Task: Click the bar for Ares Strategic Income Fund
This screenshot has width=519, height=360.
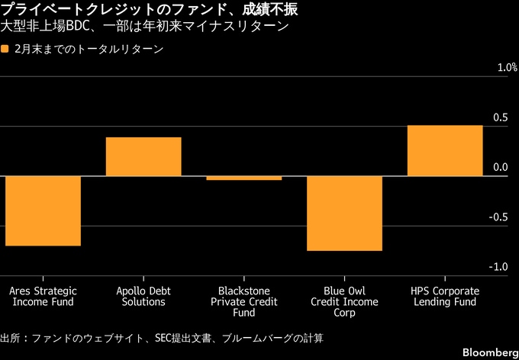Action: click(x=43, y=211)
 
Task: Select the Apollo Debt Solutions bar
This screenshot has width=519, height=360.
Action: click(x=143, y=156)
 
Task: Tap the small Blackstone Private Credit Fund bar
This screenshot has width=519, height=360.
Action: click(x=244, y=178)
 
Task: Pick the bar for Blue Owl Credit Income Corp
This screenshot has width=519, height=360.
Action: click(x=344, y=213)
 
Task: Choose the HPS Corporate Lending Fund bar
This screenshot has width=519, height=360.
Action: click(x=445, y=150)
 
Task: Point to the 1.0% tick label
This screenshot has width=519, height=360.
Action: click(x=497, y=68)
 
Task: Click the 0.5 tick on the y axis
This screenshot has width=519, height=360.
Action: click(x=499, y=117)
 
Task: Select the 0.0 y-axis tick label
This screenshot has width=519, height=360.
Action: click(x=499, y=167)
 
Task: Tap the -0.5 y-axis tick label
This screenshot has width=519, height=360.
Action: click(x=498, y=217)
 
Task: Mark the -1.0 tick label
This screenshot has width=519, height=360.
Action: click(x=498, y=267)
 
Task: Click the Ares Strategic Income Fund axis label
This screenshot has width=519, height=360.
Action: click(x=43, y=297)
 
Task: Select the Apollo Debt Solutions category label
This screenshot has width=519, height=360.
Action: click(x=143, y=297)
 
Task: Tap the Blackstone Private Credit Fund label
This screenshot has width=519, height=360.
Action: click(x=244, y=302)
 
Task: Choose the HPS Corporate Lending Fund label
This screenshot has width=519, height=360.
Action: click(x=445, y=297)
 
